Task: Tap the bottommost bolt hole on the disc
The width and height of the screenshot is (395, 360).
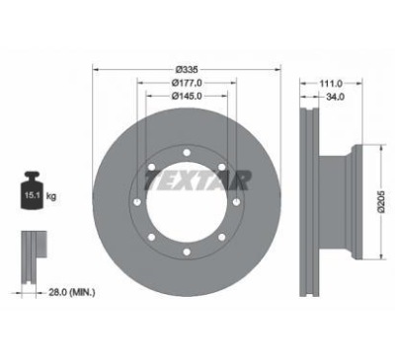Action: (186, 253)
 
